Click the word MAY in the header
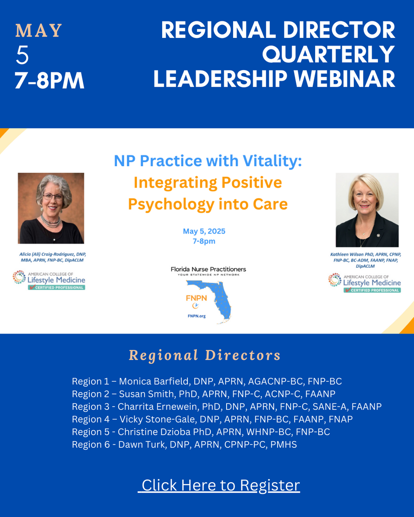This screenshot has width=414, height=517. point(39,30)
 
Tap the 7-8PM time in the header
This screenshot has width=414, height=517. point(50,81)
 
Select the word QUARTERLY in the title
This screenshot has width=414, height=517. point(329,54)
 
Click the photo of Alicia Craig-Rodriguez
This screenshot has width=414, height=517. point(51,208)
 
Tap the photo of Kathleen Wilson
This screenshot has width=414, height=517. point(367,210)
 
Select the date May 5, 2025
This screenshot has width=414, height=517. point(204,231)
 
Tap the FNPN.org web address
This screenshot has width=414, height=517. point(197,316)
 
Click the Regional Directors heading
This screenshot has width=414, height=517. point(205,356)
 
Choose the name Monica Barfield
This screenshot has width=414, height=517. point(153,382)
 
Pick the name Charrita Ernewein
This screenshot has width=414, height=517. point(157,406)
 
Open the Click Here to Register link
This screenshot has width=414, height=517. point(219,485)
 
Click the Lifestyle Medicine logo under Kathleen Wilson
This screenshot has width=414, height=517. point(364,282)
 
